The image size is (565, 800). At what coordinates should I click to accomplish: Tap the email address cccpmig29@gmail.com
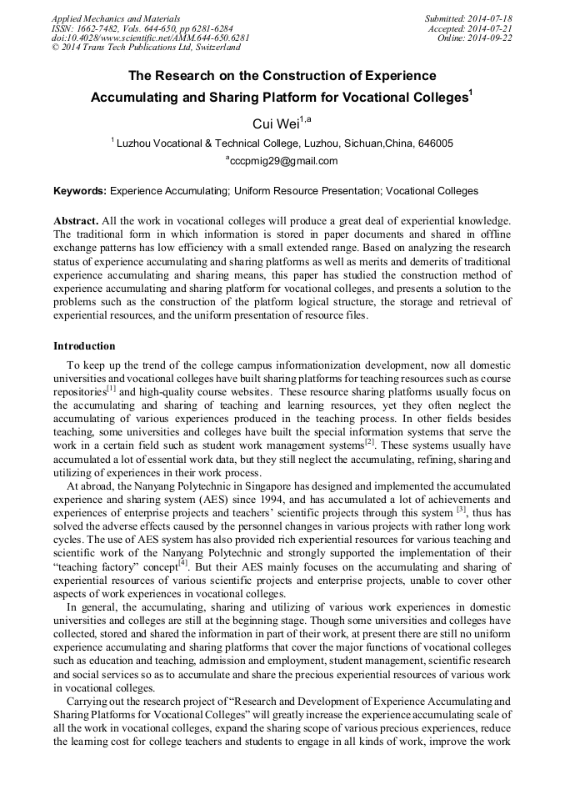click(282, 161)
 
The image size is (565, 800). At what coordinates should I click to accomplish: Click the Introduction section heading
click(84, 345)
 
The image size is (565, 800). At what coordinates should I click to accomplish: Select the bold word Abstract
click(75, 220)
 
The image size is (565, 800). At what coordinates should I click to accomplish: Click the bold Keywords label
click(80, 191)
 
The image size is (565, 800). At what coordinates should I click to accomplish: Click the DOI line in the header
click(150, 38)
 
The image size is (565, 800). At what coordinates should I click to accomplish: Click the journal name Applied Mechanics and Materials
click(115, 18)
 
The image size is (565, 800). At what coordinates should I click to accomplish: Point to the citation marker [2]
click(369, 442)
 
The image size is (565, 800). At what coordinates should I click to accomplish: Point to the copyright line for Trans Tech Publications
click(146, 48)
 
